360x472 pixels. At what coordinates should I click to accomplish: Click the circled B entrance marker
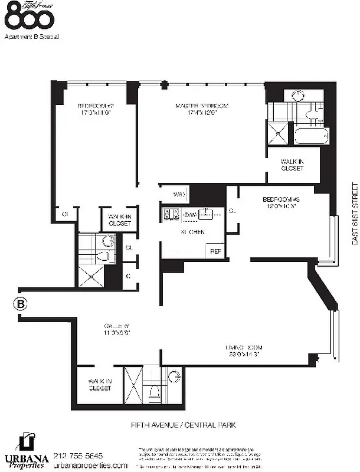click(19, 304)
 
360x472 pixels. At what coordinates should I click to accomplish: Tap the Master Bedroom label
click(202, 110)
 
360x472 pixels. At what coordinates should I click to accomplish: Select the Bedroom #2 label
click(94, 110)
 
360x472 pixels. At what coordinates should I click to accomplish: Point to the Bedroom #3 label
click(279, 203)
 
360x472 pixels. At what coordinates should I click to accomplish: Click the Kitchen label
click(192, 232)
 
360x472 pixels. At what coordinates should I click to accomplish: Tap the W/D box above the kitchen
click(180, 194)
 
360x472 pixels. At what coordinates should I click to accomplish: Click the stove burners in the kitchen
click(171, 214)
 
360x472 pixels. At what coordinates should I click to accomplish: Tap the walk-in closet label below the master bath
click(292, 165)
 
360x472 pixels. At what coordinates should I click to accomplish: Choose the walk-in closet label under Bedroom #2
click(120, 220)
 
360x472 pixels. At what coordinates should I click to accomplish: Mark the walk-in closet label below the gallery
click(100, 385)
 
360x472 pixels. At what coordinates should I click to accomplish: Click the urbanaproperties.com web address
click(90, 466)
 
